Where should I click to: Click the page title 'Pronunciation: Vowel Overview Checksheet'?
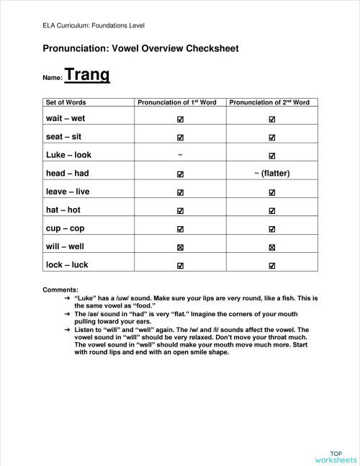pos(140,48)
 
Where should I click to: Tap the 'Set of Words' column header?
pos(66,102)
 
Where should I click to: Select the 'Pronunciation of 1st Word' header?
pos(177,102)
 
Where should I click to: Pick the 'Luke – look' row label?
pos(69,155)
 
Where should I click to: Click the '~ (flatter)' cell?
pos(272,173)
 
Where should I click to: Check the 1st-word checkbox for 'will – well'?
pos(180,247)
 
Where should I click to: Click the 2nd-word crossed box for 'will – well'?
pos(271,247)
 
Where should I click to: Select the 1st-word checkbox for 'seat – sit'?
pos(180,137)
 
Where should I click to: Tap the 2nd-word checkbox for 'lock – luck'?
pos(271,265)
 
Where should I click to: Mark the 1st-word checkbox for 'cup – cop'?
pos(180,228)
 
